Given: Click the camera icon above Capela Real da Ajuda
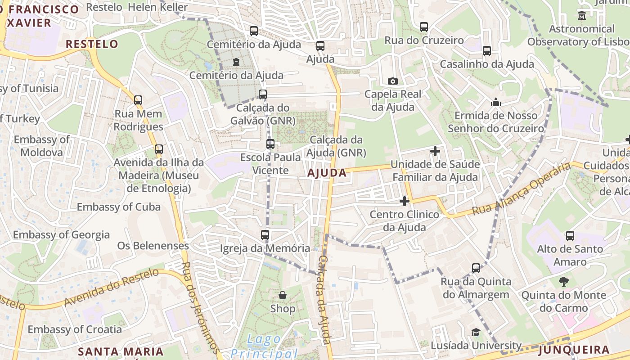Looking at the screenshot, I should pyautogui.click(x=392, y=81).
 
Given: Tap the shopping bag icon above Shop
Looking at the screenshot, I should pyautogui.click(x=283, y=295).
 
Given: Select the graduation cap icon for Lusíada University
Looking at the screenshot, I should pyautogui.click(x=475, y=333).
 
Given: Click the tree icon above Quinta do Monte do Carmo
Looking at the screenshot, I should pyautogui.click(x=563, y=282).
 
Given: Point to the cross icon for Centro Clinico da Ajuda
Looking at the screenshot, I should pyautogui.click(x=405, y=201).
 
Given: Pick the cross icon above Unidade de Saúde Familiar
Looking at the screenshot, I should pyautogui.click(x=435, y=151).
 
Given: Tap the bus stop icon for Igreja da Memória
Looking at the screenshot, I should pyautogui.click(x=265, y=235).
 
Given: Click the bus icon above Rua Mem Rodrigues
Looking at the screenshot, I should pyautogui.click(x=138, y=100).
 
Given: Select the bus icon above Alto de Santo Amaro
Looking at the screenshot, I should pyautogui.click(x=570, y=236).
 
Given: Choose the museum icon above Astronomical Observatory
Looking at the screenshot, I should pyautogui.click(x=582, y=16).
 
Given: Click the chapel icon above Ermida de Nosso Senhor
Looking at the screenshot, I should pyautogui.click(x=496, y=103).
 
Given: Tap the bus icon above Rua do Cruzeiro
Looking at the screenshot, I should pyautogui.click(x=424, y=27).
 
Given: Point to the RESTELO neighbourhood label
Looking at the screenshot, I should pyautogui.click(x=92, y=44).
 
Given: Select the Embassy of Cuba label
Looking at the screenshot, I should pyautogui.click(x=119, y=207).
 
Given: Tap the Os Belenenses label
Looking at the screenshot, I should pyautogui.click(x=153, y=246).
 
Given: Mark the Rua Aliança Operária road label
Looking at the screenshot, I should pyautogui.click(x=522, y=189).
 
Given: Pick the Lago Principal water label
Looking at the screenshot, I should pyautogui.click(x=265, y=346).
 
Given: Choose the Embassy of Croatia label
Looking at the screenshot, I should pyautogui.click(x=75, y=329).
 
